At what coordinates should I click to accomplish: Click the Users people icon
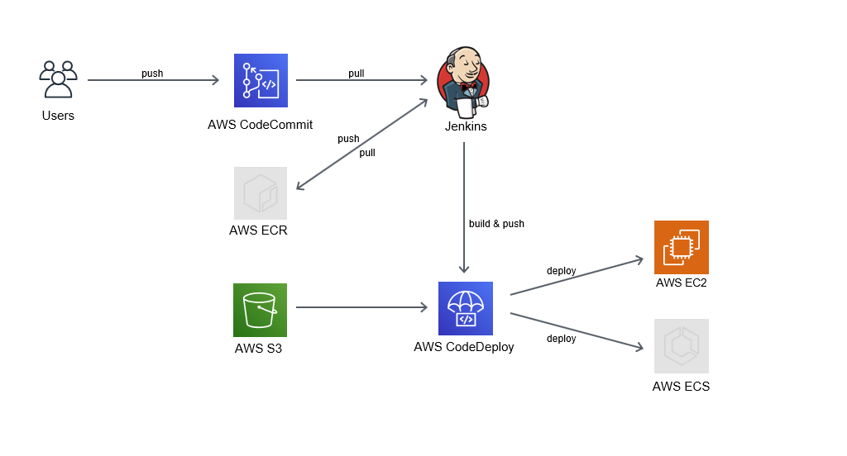pyautogui.click(x=58, y=80)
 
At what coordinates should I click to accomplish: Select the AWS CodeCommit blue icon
pyautogui.click(x=261, y=81)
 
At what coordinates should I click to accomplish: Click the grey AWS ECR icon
pyautogui.click(x=261, y=193)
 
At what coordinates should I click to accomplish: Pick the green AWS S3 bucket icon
pyautogui.click(x=260, y=310)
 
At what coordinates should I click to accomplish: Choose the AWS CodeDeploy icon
pyautogui.click(x=465, y=308)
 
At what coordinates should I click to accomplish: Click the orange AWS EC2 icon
pyautogui.click(x=681, y=247)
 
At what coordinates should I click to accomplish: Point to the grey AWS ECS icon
pyautogui.click(x=681, y=346)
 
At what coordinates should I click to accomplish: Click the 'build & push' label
pyautogui.click(x=496, y=224)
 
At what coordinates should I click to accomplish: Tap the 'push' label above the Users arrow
pyautogui.click(x=152, y=74)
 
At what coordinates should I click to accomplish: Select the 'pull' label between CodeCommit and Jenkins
pyautogui.click(x=356, y=74)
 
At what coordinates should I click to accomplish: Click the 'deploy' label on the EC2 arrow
pyautogui.click(x=561, y=271)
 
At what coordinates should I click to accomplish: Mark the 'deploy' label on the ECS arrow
pyautogui.click(x=561, y=339)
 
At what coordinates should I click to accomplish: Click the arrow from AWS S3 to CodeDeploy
pyautogui.click(x=361, y=308)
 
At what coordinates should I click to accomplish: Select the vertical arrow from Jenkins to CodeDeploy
pyautogui.click(x=464, y=207)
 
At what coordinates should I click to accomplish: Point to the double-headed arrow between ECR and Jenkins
pyautogui.click(x=362, y=145)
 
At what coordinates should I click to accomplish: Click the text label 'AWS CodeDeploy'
pyautogui.click(x=464, y=347)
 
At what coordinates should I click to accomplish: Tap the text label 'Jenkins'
pyautogui.click(x=466, y=126)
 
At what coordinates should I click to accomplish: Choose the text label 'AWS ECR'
pyautogui.click(x=258, y=230)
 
